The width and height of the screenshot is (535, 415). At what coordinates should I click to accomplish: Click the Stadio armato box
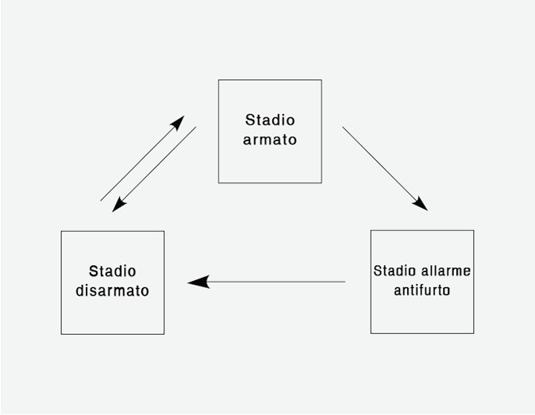270,131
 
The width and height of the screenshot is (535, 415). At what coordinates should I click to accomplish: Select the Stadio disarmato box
113,282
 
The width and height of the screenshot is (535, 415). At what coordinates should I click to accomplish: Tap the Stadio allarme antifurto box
422,282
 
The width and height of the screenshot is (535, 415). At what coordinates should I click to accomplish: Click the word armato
270,140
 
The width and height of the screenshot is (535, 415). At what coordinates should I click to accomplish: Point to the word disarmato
112,290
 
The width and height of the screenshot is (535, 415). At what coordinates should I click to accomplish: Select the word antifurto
422,290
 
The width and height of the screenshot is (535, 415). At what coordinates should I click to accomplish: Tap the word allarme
446,271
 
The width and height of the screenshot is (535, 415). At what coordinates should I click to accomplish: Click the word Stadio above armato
270,120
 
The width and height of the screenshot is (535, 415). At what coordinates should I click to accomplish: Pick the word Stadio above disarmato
112,271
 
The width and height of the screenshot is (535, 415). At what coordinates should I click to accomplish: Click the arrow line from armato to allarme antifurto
385,169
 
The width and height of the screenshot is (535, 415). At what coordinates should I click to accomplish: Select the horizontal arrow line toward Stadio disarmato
267,282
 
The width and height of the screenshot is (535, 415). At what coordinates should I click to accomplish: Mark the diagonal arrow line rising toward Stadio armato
142,158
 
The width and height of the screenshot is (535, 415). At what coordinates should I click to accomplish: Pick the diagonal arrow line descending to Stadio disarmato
154,169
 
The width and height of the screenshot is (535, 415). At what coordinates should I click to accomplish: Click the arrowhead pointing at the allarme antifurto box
421,204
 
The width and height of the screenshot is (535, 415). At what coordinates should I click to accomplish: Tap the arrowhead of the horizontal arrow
198,282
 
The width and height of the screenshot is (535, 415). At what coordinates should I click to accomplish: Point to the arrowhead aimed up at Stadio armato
178,123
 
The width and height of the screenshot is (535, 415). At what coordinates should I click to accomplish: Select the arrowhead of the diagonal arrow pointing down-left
119,205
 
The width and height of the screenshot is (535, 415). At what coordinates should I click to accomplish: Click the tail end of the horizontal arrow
345,282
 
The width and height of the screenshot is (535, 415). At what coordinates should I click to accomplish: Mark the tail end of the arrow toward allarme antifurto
343,127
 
